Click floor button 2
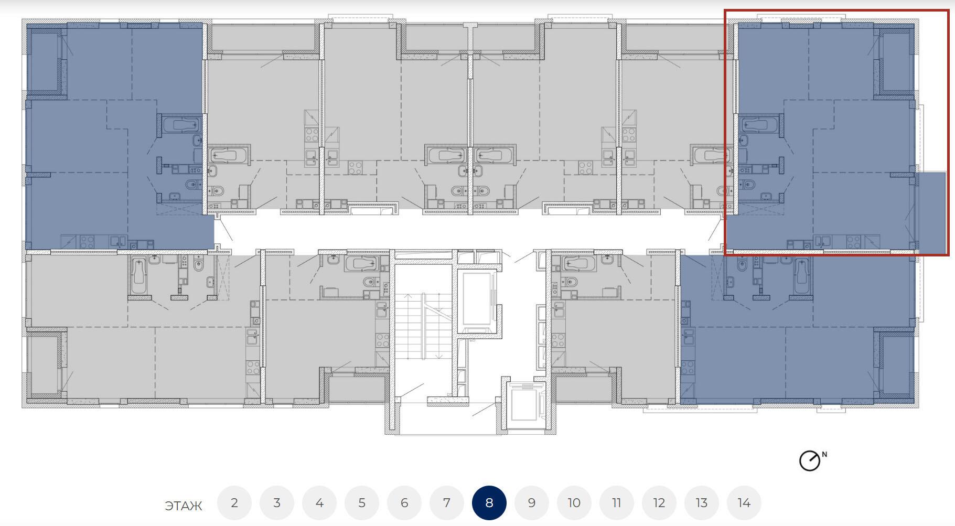click(234, 503)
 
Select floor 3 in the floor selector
click(277, 503)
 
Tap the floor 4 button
click(319, 503)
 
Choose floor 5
click(362, 503)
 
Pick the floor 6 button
click(404, 503)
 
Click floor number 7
click(447, 503)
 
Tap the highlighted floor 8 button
click(489, 503)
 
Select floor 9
click(532, 503)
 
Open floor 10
click(574, 503)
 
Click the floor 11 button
click(617, 503)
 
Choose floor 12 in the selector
click(659, 503)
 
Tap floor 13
click(702, 503)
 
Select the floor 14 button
click(744, 503)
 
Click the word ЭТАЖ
click(184, 506)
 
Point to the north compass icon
click(809, 461)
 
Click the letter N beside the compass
click(824, 455)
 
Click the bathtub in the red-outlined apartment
click(758, 125)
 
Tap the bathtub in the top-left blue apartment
click(181, 125)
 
